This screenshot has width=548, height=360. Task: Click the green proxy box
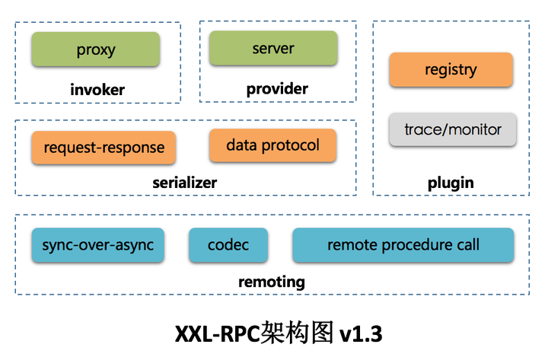tap(95, 50)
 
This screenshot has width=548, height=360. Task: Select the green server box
tap(273, 49)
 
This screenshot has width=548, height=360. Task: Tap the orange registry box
tap(451, 70)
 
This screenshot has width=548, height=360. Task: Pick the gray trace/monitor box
tap(452, 129)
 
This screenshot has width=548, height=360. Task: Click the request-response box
tap(104, 148)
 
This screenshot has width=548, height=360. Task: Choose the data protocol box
tap(272, 145)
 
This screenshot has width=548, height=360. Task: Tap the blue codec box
tap(228, 245)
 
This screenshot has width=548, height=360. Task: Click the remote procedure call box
tap(403, 245)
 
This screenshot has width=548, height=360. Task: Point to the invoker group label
tap(97, 91)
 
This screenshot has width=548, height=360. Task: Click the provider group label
tap(277, 89)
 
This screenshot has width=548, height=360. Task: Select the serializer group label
tap(184, 183)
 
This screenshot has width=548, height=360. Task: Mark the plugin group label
tap(451, 183)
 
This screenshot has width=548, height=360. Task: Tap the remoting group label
tap(272, 282)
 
